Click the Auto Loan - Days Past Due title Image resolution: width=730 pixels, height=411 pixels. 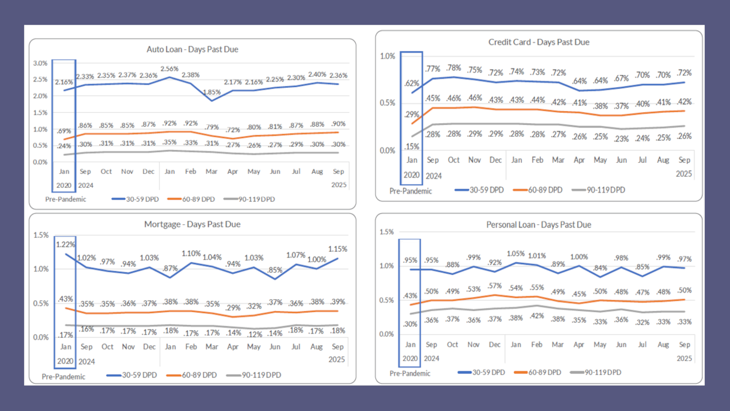pyautogui.click(x=192, y=49)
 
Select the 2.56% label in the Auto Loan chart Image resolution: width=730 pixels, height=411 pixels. pyautogui.click(x=169, y=69)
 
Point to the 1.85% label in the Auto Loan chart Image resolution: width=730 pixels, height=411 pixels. pyautogui.click(x=212, y=92)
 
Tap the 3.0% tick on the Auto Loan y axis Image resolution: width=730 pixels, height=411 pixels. pyautogui.click(x=40, y=63)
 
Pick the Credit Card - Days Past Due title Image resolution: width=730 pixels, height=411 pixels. pyautogui.click(x=539, y=42)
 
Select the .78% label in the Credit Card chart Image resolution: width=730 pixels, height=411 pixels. pyautogui.click(x=454, y=68)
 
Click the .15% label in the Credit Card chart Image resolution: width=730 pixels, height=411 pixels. pyautogui.click(x=412, y=147)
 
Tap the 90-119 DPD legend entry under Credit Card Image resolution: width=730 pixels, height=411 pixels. pyautogui.click(x=605, y=190)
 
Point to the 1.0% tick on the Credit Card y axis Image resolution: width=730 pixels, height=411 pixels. pyautogui.click(x=387, y=56)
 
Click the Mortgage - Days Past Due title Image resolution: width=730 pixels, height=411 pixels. pyautogui.click(x=192, y=224)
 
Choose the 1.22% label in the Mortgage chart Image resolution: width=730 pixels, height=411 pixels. pyautogui.click(x=65, y=244)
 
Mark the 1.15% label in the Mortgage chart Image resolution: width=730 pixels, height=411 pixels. pyautogui.click(x=337, y=249)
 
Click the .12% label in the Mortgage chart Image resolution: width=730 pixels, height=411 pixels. pyautogui.click(x=254, y=334)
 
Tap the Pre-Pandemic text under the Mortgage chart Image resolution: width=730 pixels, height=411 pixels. pyautogui.click(x=63, y=376)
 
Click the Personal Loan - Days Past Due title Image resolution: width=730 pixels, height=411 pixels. pyautogui.click(x=539, y=225)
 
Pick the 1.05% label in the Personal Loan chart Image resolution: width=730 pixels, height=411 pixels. pyautogui.click(x=515, y=254)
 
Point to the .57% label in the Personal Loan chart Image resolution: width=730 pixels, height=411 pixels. pyautogui.click(x=495, y=286)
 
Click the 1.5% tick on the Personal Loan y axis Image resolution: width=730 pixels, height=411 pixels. pyautogui.click(x=387, y=232)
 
